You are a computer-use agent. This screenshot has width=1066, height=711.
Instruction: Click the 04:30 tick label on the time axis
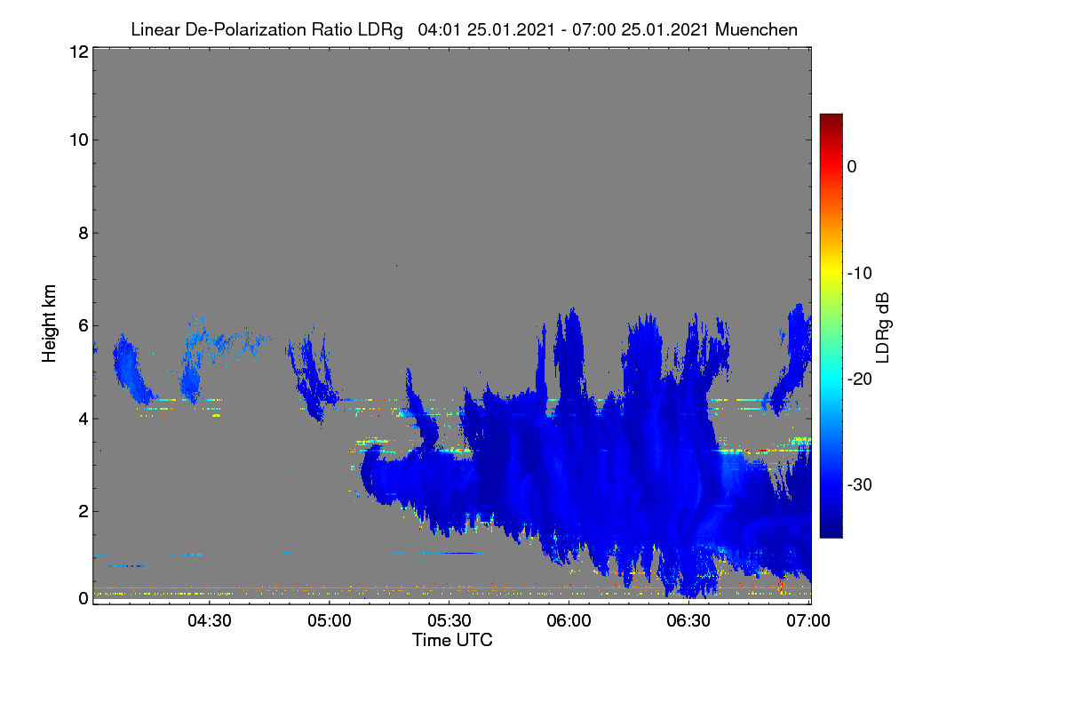tap(210, 621)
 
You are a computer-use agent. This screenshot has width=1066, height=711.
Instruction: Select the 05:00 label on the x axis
tap(330, 621)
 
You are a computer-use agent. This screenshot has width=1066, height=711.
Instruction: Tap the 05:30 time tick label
tap(449, 621)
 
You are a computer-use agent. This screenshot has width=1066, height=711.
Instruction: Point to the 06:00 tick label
tap(569, 621)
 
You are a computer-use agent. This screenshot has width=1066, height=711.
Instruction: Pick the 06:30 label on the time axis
tap(688, 621)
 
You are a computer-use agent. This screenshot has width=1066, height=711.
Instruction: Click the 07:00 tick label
tap(808, 621)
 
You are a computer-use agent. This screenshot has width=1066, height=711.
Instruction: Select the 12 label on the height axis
tap(79, 52)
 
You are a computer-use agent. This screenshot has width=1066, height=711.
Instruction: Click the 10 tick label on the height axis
tap(79, 140)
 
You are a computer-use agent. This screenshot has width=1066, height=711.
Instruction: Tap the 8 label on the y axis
tap(84, 234)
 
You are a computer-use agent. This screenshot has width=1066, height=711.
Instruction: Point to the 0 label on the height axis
tap(84, 599)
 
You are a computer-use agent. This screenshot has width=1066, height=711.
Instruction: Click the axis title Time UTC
tap(452, 641)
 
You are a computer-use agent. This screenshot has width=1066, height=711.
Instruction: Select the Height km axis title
tap(49, 324)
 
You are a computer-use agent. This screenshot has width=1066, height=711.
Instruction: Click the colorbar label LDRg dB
tap(882, 328)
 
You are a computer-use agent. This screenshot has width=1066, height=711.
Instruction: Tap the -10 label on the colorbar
tap(860, 274)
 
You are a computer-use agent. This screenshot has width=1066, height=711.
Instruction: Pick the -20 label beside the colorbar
tap(860, 379)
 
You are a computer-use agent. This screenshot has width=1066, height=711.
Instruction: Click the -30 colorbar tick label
tap(860, 485)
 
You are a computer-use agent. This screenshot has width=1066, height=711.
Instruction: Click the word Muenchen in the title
tap(756, 30)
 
